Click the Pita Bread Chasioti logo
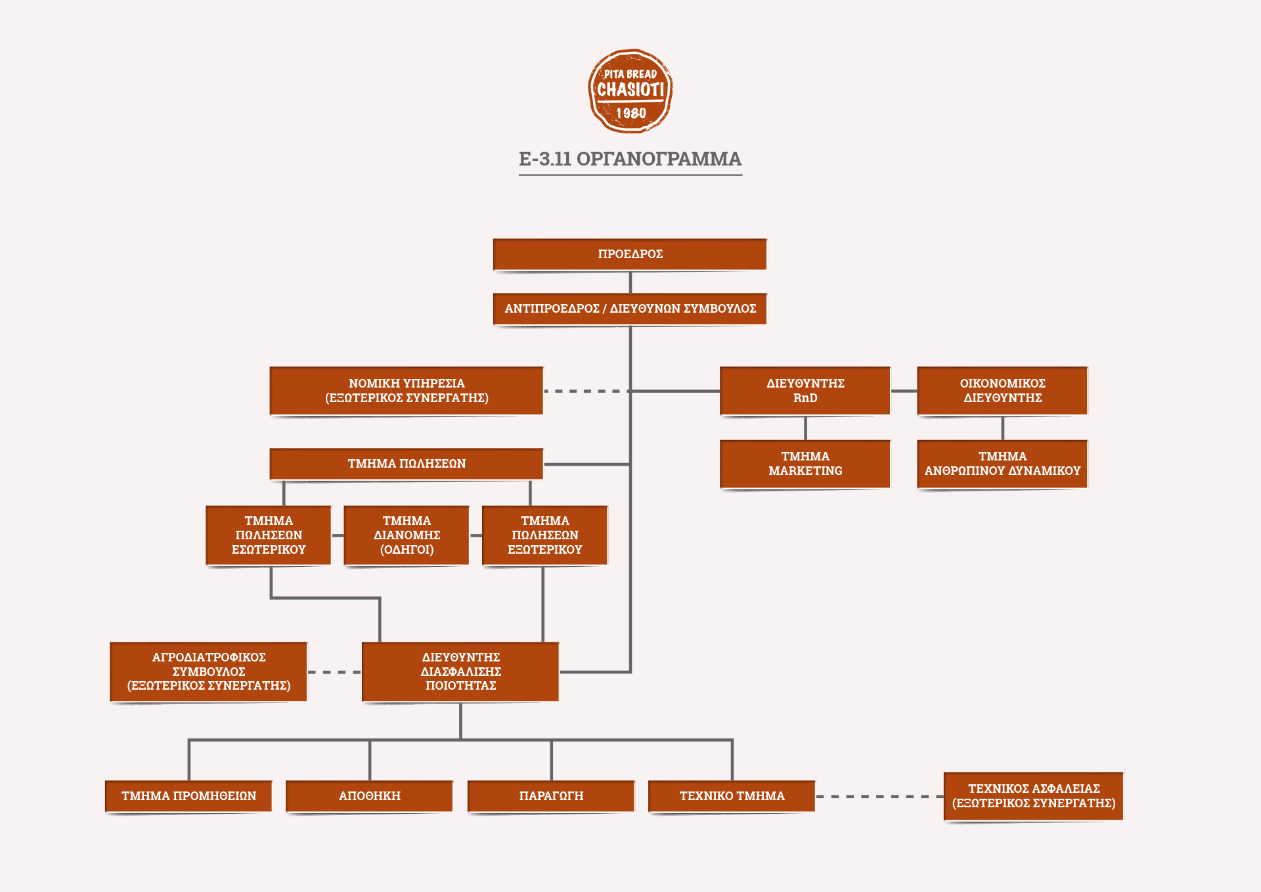[630, 91]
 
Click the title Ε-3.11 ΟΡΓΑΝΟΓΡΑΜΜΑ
[630, 159]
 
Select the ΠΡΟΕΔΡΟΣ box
[630, 254]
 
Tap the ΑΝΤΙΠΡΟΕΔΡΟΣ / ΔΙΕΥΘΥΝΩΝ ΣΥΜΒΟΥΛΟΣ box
[630, 309]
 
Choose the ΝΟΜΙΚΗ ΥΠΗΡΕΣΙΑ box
[407, 391]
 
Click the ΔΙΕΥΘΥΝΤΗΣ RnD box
[805, 391]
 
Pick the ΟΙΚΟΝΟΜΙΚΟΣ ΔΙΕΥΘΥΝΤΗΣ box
[1002, 391]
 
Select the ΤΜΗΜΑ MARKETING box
[805, 464]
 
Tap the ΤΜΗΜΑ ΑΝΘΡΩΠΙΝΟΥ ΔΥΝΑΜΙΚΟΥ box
[1002, 464]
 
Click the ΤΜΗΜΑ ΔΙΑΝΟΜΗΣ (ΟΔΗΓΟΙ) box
[407, 535]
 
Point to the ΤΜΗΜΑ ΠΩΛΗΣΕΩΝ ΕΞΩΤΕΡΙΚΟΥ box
[544, 535]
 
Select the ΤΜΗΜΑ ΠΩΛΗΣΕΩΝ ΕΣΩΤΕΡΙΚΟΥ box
[269, 535]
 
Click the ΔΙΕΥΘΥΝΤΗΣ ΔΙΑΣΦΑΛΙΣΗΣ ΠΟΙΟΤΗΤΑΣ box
[460, 671]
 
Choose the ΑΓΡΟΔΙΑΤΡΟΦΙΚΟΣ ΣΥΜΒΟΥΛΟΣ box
[209, 671]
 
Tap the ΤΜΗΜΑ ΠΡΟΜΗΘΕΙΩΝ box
[188, 796]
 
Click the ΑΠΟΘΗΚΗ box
[370, 796]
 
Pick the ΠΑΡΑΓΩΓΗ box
[551, 796]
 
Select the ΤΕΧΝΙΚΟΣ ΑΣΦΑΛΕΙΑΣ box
[1034, 796]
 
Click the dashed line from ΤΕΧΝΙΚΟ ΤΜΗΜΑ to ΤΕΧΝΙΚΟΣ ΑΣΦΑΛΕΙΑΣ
[879, 796]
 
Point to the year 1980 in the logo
[630, 114]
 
